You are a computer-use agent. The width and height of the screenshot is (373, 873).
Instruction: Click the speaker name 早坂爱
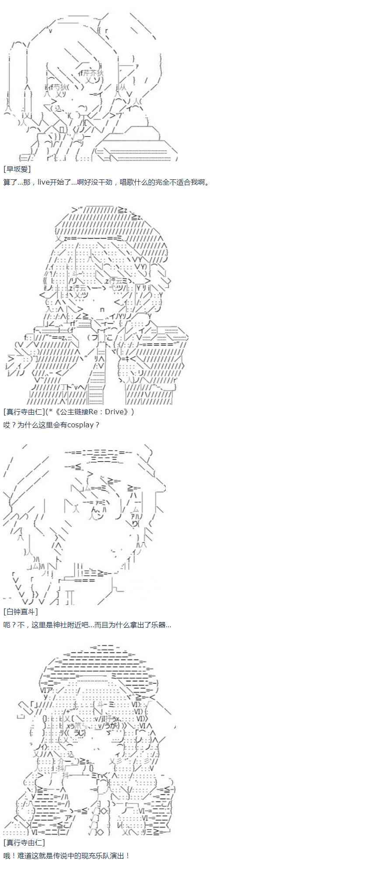click(17, 169)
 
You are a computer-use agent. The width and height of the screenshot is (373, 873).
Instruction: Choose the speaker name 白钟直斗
click(21, 612)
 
